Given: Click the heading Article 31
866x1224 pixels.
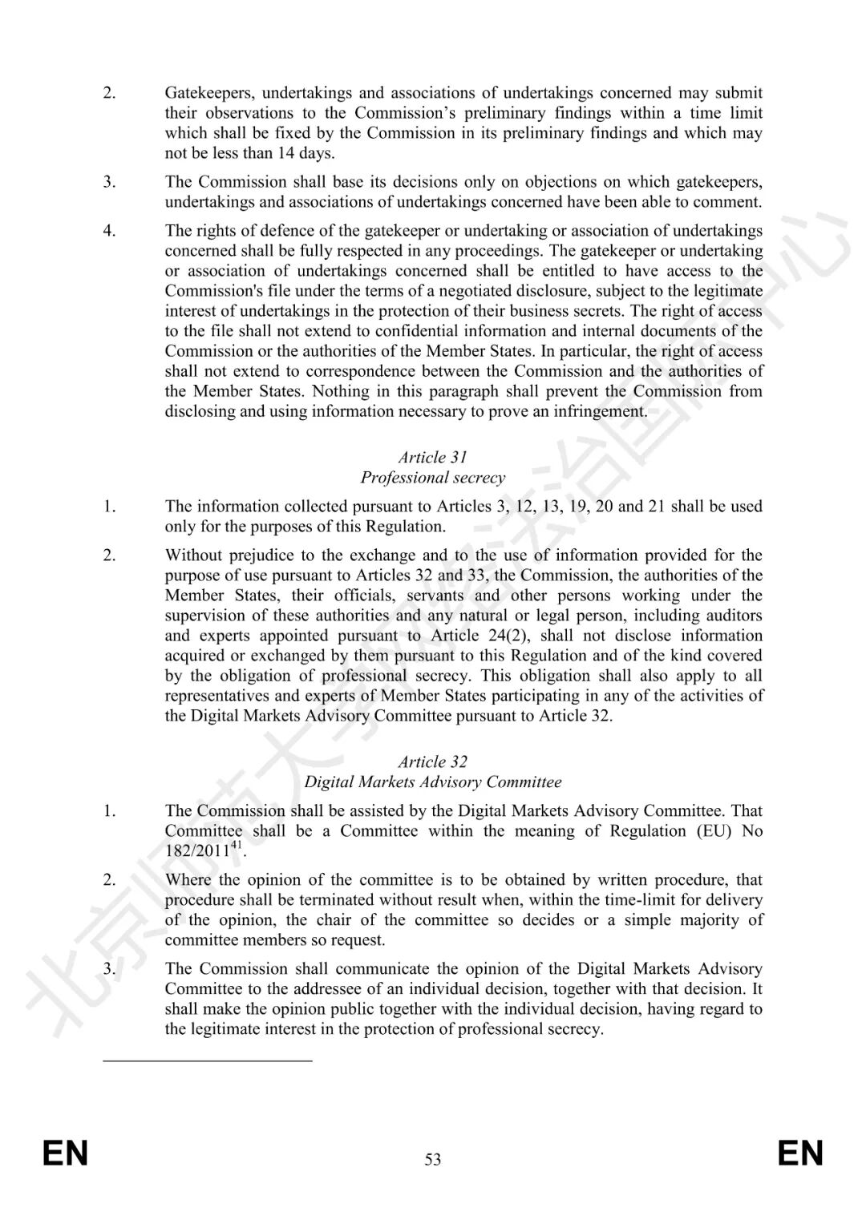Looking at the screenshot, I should pyautogui.click(x=432, y=458).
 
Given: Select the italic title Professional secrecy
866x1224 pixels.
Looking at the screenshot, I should pyautogui.click(x=432, y=478).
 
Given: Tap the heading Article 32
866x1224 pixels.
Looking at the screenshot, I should pyautogui.click(x=432, y=762).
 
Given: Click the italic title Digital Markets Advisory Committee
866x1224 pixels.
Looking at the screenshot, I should pyautogui.click(x=432, y=782).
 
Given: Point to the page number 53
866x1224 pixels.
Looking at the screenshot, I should pyautogui.click(x=433, y=1160).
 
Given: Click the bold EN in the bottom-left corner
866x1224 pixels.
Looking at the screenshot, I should pyautogui.click(x=65, y=1154).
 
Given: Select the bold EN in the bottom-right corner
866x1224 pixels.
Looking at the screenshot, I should pyautogui.click(x=800, y=1154).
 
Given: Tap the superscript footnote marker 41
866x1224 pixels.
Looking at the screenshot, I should pyautogui.click(x=236, y=846).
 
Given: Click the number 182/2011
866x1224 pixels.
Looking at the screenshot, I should pyautogui.click(x=197, y=851).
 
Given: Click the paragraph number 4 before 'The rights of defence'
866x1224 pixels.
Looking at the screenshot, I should pyautogui.click(x=109, y=231).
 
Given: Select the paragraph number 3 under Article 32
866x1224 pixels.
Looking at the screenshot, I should pyautogui.click(x=109, y=969).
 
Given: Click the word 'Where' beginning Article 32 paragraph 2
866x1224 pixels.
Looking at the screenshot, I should pyautogui.click(x=188, y=880).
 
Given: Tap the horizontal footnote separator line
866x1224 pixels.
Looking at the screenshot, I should pyautogui.click(x=208, y=1061).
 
